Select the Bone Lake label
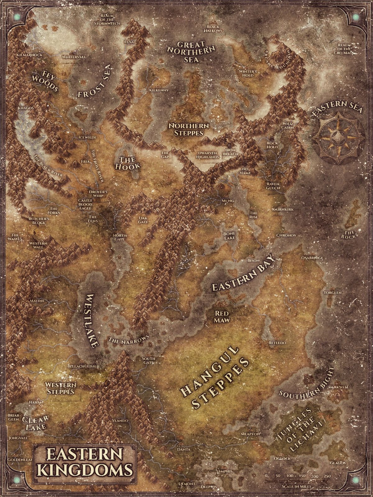coord(229,236)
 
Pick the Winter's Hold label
coord(248,73)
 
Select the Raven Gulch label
coord(273,186)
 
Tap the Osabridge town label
coord(312,258)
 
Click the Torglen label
coord(333,293)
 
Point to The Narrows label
coord(129,339)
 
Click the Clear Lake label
coord(35,422)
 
